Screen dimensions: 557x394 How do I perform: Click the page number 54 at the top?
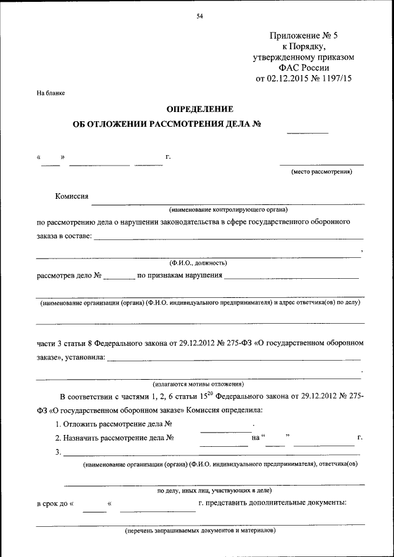pyautogui.click(x=199, y=17)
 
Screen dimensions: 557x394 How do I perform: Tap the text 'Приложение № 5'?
pyautogui.click(x=304, y=36)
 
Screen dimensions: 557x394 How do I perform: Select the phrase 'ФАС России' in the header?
pyautogui.click(x=304, y=68)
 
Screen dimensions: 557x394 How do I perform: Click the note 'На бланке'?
pyautogui.click(x=50, y=93)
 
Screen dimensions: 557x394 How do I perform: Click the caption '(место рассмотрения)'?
pyautogui.click(x=321, y=172)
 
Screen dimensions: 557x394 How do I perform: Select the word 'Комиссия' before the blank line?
pyautogui.click(x=72, y=196)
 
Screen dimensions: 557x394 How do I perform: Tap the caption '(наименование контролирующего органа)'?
pyautogui.click(x=228, y=210)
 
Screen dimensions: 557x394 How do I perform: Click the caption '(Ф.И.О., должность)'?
pyautogui.click(x=199, y=263)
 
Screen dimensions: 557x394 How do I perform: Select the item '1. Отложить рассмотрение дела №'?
pyautogui.click(x=113, y=424)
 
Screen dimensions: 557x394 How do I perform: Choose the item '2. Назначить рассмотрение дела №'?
pyautogui.click(x=115, y=438)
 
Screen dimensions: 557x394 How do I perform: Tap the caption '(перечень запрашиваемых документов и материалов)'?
pyautogui.click(x=199, y=530)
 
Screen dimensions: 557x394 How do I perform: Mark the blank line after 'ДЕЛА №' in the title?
pyautogui.click(x=307, y=132)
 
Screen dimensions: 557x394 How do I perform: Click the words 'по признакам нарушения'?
pyautogui.click(x=179, y=274)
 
